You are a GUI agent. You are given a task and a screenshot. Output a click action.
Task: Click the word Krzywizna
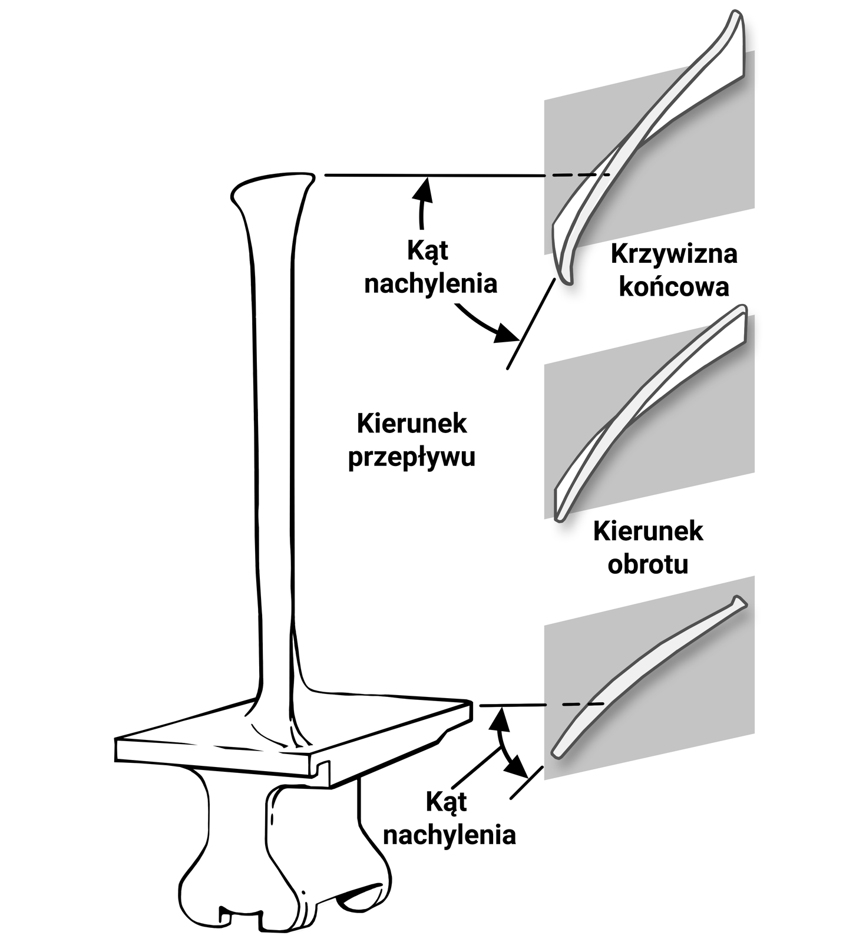tap(673, 254)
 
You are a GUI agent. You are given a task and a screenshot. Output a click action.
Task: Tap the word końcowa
tap(673, 287)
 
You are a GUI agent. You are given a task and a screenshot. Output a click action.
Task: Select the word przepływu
tap(411, 457)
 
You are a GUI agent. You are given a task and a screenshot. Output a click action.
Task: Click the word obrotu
tap(647, 564)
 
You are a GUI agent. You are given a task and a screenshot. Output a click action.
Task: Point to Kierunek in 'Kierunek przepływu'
tap(411, 424)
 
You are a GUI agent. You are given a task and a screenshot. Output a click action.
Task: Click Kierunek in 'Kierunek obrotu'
tap(647, 531)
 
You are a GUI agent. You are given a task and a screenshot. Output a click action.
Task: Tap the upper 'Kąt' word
tap(427, 250)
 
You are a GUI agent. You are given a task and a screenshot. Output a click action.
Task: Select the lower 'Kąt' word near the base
tap(446, 802)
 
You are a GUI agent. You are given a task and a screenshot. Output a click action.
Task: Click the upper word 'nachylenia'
tap(431, 283)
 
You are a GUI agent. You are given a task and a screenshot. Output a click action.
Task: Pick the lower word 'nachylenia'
tap(449, 835)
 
